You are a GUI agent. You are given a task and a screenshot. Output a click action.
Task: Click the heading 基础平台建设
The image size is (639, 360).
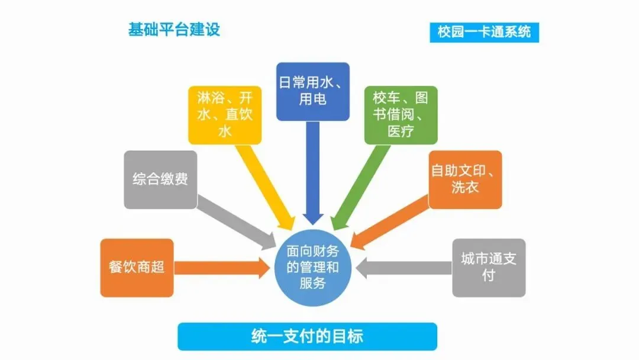[x=174, y=30]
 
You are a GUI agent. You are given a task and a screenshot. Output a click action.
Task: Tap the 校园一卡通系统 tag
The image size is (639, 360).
[x=484, y=32]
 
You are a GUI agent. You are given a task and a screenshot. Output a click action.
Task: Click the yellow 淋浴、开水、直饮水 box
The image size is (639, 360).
[x=225, y=115]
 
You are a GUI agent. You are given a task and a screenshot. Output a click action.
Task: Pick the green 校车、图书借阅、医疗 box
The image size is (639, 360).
[x=401, y=115]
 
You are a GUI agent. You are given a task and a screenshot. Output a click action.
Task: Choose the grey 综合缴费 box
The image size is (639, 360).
[x=160, y=179]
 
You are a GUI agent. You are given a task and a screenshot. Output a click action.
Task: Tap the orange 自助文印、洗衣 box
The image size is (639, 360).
[x=465, y=179]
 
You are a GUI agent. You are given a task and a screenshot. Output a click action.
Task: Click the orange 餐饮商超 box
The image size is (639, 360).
[x=137, y=267]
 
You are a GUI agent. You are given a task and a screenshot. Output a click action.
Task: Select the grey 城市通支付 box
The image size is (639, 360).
[x=489, y=267]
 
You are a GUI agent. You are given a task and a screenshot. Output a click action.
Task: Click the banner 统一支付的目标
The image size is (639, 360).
[x=307, y=336]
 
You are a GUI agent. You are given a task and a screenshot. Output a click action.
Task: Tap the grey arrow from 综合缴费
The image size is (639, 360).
[x=237, y=222]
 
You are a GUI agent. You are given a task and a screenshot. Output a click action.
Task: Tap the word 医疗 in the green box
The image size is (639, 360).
[x=401, y=131]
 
